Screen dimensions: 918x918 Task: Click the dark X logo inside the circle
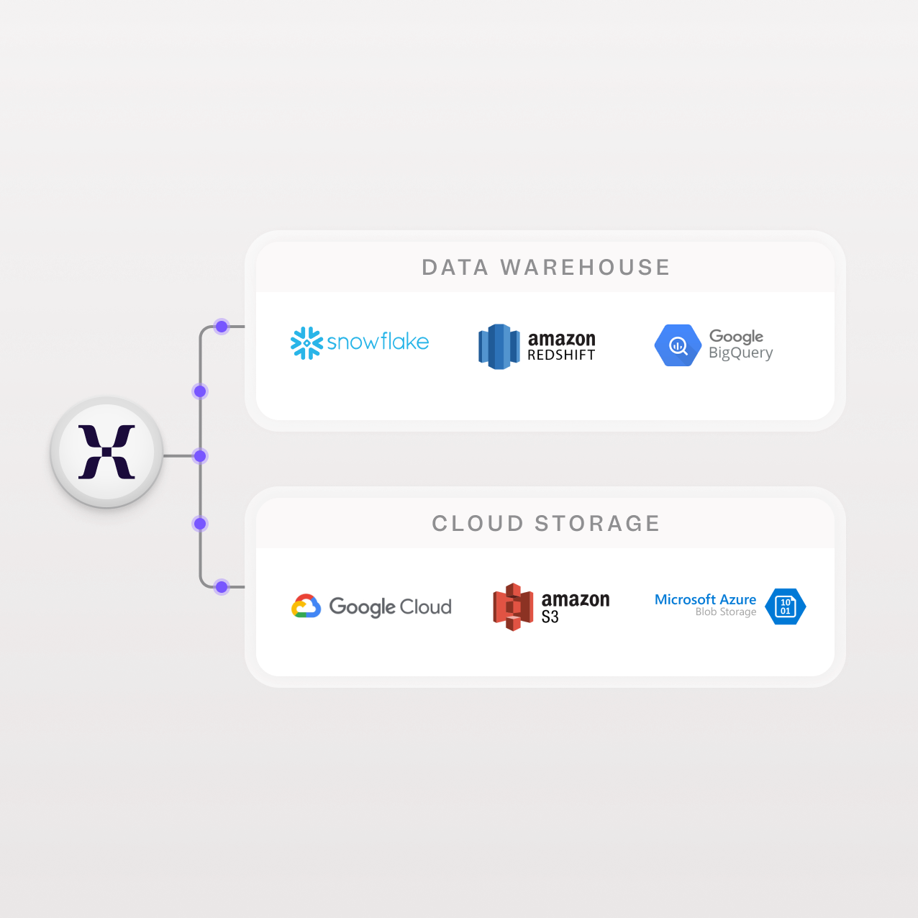[106, 452]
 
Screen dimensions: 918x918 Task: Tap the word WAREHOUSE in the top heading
[585, 267]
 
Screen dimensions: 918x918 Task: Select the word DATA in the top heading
[455, 267]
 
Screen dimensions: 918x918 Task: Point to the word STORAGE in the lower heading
[597, 524]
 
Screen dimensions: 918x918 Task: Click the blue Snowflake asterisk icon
[306, 343]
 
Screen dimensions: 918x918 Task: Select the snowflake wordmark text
[378, 342]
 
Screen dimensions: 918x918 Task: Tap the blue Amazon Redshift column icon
[499, 346]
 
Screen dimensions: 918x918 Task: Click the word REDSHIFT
[561, 355]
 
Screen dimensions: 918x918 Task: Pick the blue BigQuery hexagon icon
[678, 345]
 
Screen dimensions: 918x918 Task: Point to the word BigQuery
[741, 353]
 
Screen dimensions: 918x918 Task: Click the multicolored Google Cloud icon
[306, 606]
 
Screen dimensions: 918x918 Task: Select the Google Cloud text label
[390, 607]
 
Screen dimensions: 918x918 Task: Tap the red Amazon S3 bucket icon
[512, 607]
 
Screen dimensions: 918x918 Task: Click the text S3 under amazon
[550, 617]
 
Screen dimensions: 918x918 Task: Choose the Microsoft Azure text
[705, 599]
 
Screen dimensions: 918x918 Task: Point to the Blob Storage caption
[725, 612]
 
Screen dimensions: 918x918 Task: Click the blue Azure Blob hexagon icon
[785, 606]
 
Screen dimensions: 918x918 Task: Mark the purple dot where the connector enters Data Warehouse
[222, 327]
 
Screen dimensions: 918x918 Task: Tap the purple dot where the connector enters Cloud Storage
[222, 587]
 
